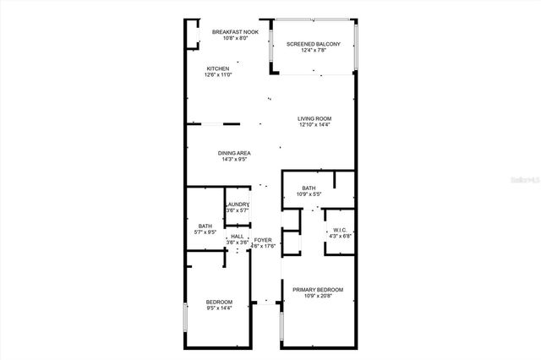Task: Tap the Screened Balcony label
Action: pos(313,44)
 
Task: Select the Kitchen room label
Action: pos(218,68)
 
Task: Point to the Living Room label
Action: pos(314,118)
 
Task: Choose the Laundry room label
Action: pos(237,204)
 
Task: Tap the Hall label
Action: pos(237,236)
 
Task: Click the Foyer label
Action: pos(263,241)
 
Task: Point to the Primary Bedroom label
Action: pos(317,290)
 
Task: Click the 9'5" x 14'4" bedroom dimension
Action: pos(218,308)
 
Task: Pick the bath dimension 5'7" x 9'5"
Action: pos(205,232)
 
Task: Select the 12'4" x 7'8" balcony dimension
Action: pos(313,51)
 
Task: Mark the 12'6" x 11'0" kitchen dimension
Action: pos(218,75)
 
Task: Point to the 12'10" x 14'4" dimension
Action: pos(314,125)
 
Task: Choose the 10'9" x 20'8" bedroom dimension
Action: pos(317,297)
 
